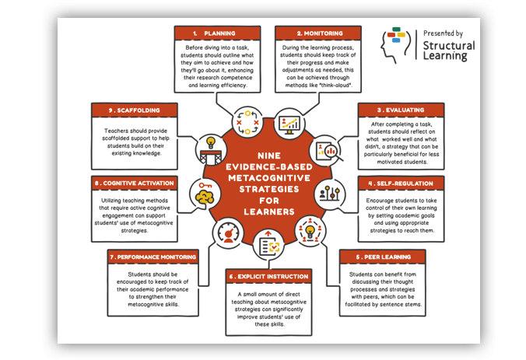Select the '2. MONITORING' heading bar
319,33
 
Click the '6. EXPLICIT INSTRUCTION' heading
268,276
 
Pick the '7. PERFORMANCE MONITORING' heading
153,256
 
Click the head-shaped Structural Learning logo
394,44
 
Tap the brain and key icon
206,194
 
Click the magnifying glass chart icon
325,149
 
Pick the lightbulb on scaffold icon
209,149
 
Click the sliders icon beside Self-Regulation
329,193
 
